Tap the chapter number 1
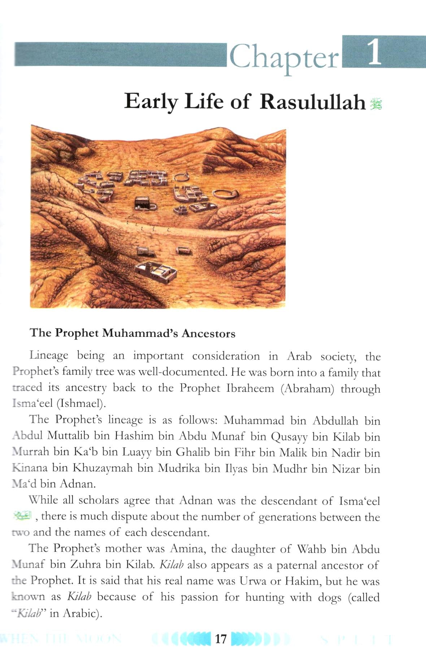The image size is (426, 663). (374, 53)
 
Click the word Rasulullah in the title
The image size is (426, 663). (313, 102)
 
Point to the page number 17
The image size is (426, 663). (221, 639)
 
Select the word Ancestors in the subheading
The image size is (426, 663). (208, 333)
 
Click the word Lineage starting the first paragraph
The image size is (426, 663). (49, 356)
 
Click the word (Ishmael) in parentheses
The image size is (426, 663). (81, 404)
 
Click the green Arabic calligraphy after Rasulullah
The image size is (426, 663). (376, 104)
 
